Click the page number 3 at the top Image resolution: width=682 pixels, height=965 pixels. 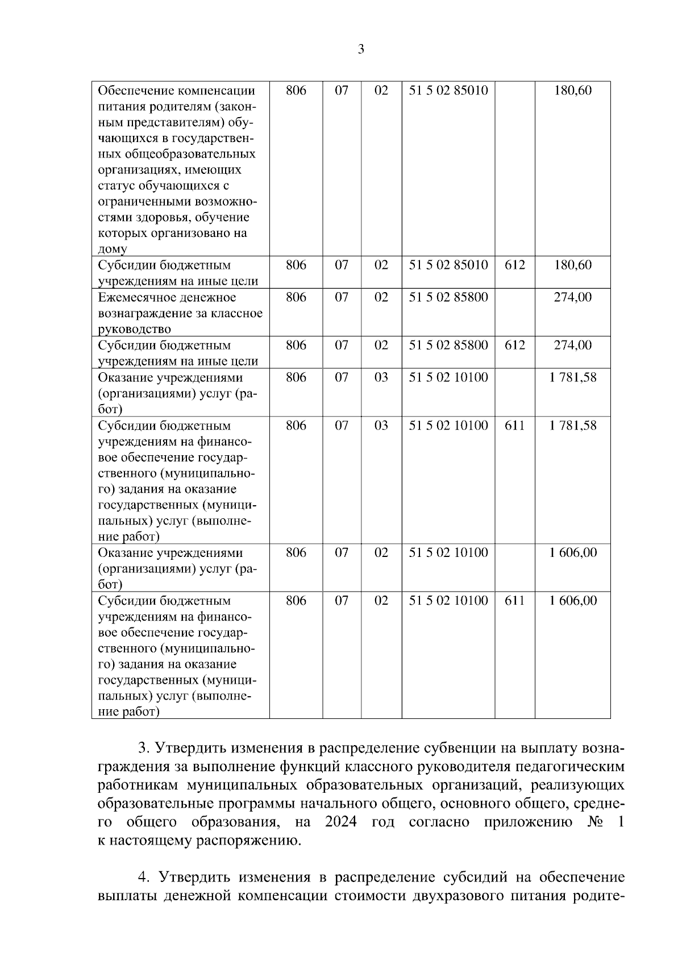[361, 49]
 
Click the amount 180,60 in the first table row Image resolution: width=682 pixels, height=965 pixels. [572, 90]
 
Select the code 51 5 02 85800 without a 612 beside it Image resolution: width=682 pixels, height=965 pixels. [448, 297]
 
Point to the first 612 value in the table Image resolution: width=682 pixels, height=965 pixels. [514, 265]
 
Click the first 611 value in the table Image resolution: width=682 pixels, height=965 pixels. [514, 425]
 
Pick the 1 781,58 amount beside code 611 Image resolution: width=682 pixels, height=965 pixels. [572, 425]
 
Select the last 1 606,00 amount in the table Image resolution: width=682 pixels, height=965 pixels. [572, 601]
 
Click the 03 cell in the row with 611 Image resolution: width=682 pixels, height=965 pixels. [381, 425]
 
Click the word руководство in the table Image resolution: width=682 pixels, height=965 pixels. [134, 329]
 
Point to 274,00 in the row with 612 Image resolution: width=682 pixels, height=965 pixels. [572, 345]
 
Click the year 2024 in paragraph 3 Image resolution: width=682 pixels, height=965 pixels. [341, 822]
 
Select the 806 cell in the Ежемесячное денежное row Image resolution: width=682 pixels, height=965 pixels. [296, 297]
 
